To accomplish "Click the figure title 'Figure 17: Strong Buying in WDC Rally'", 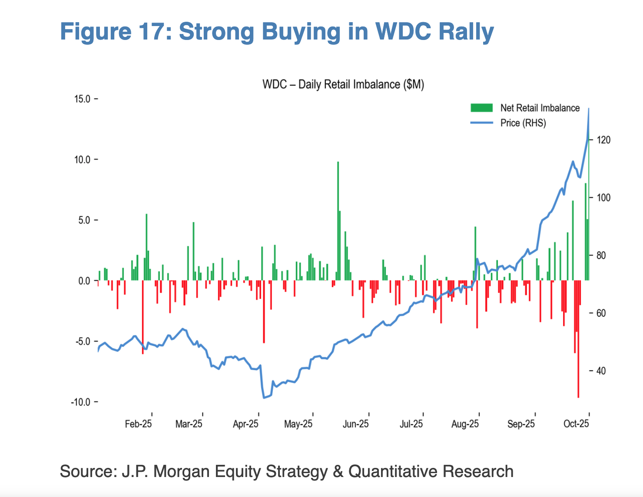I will tap(277, 32).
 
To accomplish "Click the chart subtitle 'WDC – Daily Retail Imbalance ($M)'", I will tap(343, 84).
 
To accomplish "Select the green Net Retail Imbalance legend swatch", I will tap(481, 108).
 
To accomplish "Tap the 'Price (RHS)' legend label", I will tap(523, 123).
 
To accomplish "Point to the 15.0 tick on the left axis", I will tap(82, 99).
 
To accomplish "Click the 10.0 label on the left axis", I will tap(82, 159).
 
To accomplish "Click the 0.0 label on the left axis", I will tap(84, 281).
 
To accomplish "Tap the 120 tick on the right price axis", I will tap(603, 140).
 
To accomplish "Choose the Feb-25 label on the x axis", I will tap(138, 424).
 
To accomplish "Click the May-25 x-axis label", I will tap(298, 424).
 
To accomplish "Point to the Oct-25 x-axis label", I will tap(576, 424).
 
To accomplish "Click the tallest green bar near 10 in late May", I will tap(338, 217).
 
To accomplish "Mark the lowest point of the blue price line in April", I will tap(264, 398).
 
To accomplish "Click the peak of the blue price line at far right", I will tap(589, 109).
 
